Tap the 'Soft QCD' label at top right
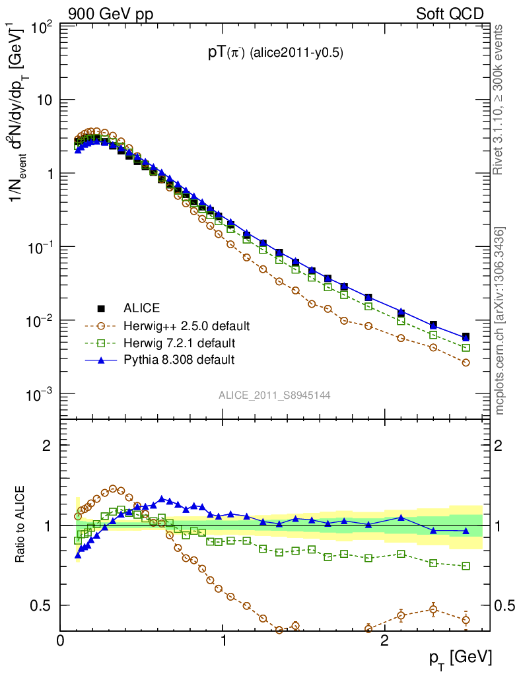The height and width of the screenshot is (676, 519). pos(449,14)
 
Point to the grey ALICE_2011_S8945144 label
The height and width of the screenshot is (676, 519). pos(275,395)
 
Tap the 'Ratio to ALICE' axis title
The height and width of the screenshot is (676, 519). pos(21,524)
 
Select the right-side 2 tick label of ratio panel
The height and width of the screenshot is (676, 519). pos(500,446)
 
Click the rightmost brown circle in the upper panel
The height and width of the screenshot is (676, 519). pos(466,362)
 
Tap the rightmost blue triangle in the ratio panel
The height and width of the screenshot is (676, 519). pos(466,531)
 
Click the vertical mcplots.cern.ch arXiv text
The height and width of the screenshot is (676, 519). pos(501,321)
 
